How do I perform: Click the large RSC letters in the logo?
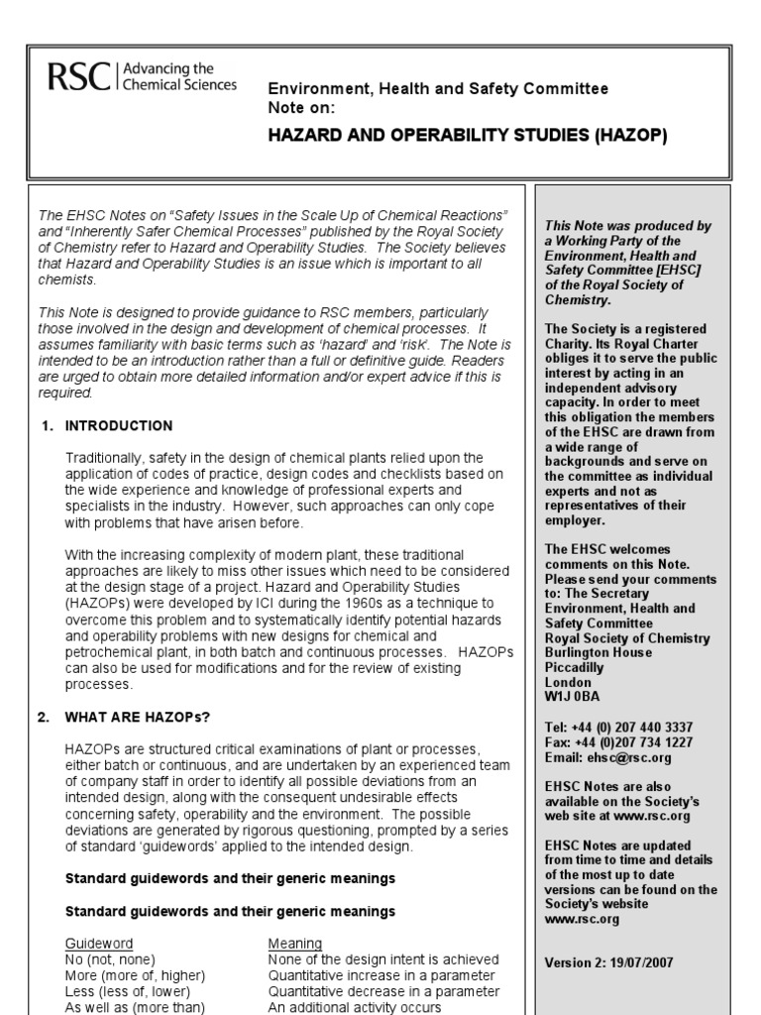(x=79, y=76)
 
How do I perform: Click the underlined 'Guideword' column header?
(x=99, y=943)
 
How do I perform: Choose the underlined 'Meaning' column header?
(x=295, y=943)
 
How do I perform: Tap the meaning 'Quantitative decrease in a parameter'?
(x=383, y=991)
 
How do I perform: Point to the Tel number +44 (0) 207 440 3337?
(x=619, y=727)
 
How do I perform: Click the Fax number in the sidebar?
(x=619, y=741)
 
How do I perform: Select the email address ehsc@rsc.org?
(x=608, y=757)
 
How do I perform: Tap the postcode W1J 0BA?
(x=573, y=697)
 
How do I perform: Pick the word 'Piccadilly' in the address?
(x=575, y=668)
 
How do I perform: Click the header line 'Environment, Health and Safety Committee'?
(x=439, y=89)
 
